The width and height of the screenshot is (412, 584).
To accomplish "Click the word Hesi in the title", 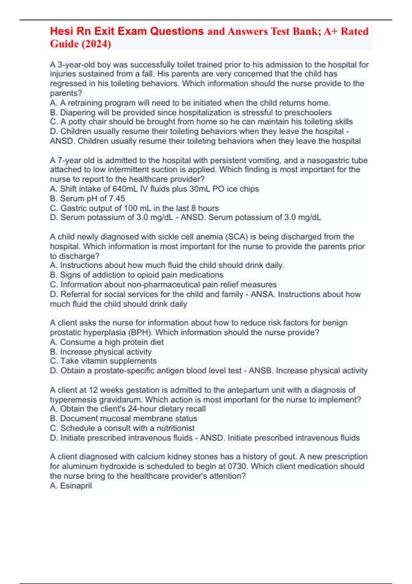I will pos(62,31).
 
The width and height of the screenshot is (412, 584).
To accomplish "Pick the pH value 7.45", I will pos(117,198).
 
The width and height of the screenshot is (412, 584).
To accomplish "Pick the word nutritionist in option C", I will pos(175,428).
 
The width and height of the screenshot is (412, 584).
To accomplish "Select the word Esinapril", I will pos(76,485).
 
